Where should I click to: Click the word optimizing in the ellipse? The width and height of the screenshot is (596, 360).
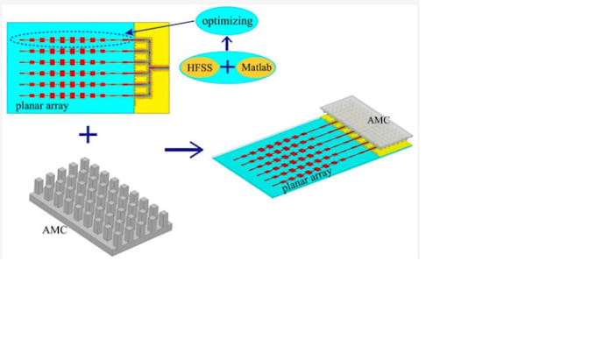coord(227,21)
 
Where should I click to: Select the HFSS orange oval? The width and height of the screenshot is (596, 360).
coord(200,68)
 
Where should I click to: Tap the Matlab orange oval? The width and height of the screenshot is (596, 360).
coord(256,67)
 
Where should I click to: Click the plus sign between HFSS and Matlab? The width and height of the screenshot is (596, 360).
coord(227,67)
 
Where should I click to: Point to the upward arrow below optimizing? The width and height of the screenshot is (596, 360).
coord(227,43)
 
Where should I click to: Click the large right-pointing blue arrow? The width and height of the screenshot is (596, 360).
coord(184,150)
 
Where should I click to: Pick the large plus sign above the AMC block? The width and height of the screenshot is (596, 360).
coord(88,135)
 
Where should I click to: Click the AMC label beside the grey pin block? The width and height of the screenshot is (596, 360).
coord(54,229)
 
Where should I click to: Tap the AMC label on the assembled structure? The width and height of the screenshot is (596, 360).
coord(379,120)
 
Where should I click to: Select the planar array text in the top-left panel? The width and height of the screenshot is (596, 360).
coord(42,106)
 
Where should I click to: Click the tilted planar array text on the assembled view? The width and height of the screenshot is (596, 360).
coord(307,180)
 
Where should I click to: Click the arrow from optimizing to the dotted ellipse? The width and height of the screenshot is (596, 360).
coord(160,27)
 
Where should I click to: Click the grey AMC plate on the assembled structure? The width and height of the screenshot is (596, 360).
coord(366,118)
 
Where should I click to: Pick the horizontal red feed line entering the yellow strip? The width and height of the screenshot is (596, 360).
coord(160,67)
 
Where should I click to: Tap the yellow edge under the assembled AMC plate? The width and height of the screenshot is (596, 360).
coord(392,149)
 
